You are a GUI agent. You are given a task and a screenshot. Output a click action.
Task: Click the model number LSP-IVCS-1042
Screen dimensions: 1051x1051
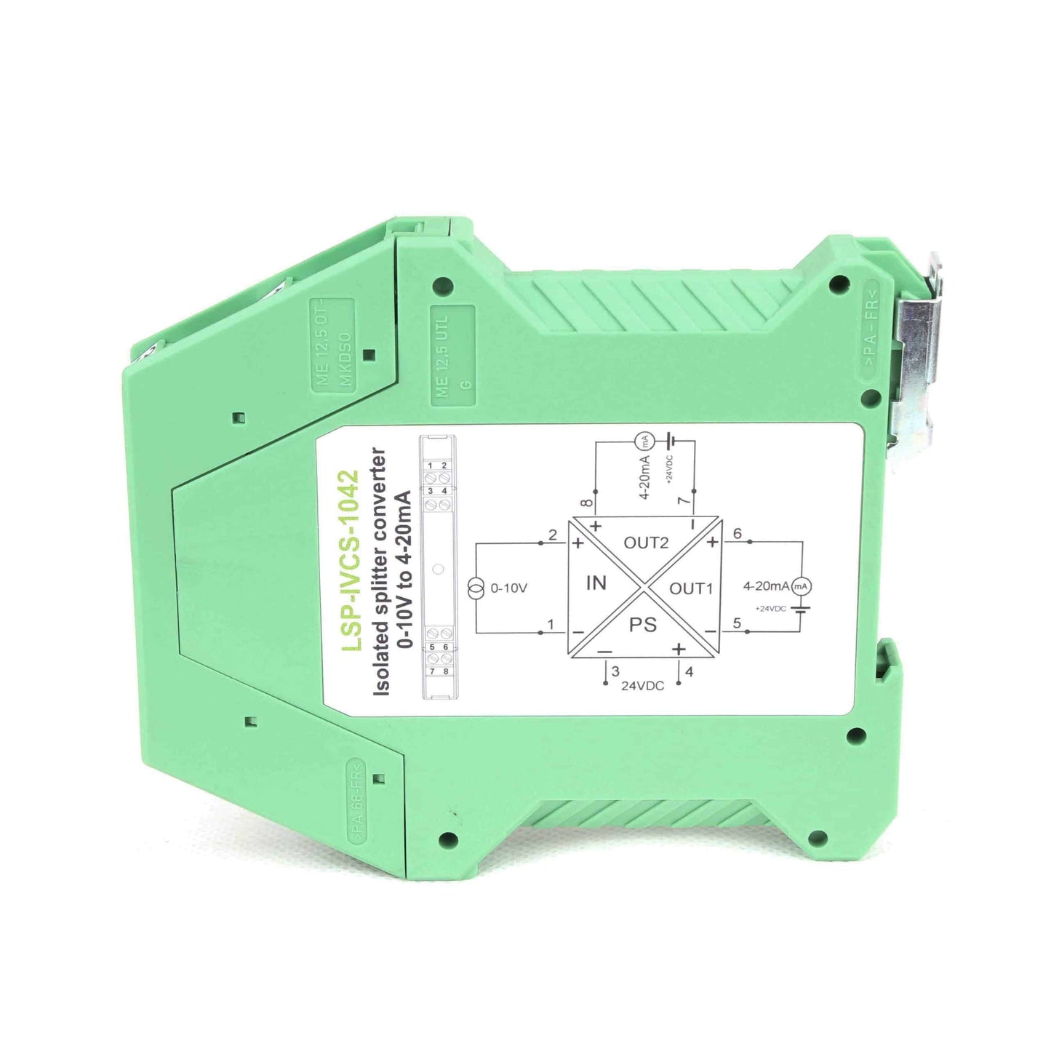point(351,561)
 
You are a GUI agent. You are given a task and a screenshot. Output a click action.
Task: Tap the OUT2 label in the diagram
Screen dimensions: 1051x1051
point(646,543)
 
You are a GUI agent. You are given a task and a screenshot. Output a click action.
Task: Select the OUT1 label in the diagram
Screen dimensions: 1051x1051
point(691,588)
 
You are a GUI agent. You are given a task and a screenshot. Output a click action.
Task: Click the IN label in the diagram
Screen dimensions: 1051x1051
point(596,583)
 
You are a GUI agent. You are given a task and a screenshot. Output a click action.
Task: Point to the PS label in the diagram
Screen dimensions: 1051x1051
point(643,625)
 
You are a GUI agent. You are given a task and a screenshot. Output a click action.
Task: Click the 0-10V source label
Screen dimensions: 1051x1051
point(509,588)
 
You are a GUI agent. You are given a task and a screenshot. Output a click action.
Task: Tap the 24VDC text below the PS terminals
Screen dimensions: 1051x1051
point(642,686)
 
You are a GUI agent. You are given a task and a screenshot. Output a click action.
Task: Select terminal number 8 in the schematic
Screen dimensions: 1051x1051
point(587,503)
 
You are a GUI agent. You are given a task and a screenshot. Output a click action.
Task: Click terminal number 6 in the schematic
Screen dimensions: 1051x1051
point(738,534)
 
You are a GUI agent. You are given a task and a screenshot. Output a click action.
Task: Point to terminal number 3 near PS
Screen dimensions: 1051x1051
point(615,671)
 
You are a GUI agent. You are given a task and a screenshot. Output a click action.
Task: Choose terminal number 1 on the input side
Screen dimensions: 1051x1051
point(551,624)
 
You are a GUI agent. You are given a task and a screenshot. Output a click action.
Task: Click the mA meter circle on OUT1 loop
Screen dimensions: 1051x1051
point(801,586)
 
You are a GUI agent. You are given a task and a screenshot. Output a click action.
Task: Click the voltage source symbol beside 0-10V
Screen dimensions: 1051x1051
point(476,588)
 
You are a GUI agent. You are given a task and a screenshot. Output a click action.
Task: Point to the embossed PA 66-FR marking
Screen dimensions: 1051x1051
point(356,800)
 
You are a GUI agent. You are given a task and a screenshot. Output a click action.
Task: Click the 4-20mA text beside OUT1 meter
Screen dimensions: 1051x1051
point(765,586)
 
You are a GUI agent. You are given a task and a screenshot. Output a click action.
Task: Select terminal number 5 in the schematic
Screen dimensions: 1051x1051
point(738,623)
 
